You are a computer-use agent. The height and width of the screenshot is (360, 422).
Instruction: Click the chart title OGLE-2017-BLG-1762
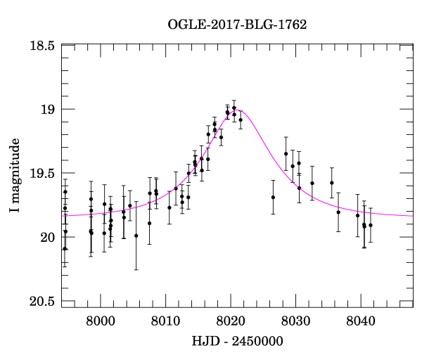pyautogui.click(x=237, y=25)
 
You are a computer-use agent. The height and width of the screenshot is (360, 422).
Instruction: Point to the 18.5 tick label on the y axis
pyautogui.click(x=42, y=46)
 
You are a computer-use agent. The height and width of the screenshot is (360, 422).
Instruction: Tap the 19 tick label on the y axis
pyautogui.click(x=49, y=110)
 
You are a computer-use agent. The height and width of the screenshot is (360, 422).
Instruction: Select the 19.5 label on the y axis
pyautogui.click(x=42, y=174)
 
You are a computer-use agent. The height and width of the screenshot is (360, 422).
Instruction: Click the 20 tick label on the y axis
pyautogui.click(x=49, y=238)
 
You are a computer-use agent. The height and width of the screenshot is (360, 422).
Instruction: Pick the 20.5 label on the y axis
pyautogui.click(x=42, y=302)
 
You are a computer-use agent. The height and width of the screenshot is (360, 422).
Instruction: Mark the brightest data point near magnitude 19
pyautogui.click(x=234, y=108)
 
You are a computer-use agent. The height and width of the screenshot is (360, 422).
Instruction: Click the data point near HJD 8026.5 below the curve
pyautogui.click(x=273, y=197)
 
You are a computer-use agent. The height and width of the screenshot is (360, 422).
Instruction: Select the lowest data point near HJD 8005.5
pyautogui.click(x=136, y=236)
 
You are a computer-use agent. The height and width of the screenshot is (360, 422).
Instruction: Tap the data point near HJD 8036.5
pyautogui.click(x=338, y=212)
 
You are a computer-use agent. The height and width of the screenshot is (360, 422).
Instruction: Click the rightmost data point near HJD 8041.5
pyautogui.click(x=371, y=225)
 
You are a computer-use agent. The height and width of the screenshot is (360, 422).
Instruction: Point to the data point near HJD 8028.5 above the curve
pyautogui.click(x=286, y=154)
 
